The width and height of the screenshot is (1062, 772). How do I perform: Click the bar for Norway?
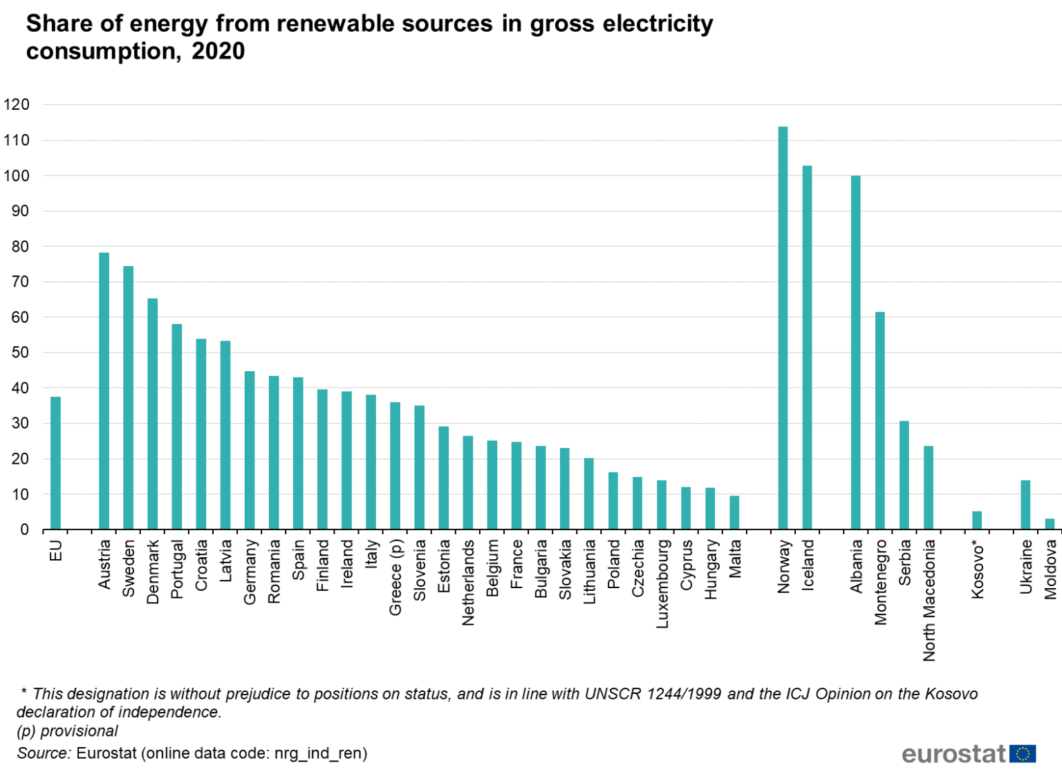click(783, 328)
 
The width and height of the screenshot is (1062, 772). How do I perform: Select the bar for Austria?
click(104, 391)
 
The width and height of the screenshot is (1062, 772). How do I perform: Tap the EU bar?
click(55, 463)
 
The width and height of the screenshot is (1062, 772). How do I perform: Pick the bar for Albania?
click(855, 352)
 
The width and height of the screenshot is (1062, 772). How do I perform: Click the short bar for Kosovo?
click(977, 520)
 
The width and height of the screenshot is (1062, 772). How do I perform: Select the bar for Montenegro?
click(879, 421)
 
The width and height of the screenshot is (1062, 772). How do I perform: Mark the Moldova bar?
click(1050, 524)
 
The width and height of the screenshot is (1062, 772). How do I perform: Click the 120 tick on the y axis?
click(17, 105)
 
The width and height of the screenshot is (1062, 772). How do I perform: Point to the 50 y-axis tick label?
click(20, 352)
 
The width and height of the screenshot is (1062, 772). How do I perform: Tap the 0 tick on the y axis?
click(24, 530)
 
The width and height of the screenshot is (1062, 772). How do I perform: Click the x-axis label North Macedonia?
click(929, 600)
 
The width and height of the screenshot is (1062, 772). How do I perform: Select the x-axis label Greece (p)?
click(395, 578)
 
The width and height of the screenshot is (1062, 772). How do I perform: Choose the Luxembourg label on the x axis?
click(662, 584)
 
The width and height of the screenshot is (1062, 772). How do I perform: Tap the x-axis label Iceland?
click(808, 565)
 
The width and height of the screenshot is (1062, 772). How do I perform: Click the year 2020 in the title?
click(218, 51)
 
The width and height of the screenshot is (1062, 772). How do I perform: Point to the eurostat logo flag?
click(1023, 753)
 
